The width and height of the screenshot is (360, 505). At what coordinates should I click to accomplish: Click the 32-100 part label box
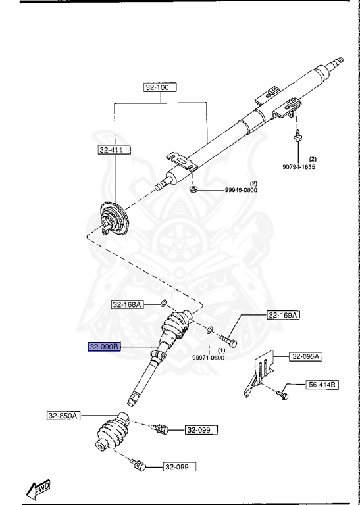[160, 87]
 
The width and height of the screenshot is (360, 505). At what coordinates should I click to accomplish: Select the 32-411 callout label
[115, 150]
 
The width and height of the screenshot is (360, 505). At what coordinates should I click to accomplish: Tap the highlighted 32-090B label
[105, 347]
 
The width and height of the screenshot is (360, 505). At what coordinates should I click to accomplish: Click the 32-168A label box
[127, 304]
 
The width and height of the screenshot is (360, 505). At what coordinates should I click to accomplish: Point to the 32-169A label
[283, 315]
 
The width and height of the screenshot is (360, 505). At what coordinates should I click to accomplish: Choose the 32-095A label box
[306, 356]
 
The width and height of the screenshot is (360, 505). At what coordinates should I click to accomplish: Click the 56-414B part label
[322, 385]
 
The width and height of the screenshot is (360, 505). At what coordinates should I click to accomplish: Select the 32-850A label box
[63, 416]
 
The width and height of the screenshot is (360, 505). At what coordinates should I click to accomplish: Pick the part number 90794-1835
[299, 167]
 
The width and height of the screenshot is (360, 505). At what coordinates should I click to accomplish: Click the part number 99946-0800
[241, 190]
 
